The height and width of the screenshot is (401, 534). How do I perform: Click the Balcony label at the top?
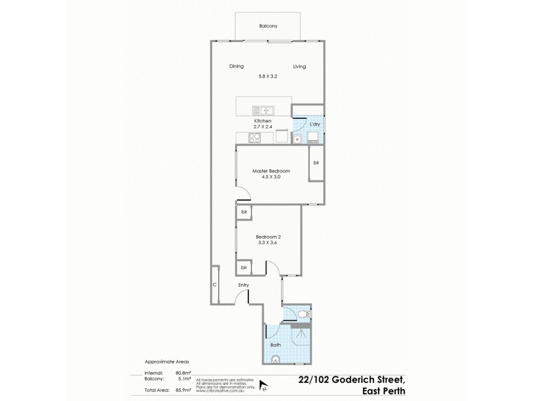(268, 26)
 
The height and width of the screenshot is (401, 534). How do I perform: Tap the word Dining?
(236, 66)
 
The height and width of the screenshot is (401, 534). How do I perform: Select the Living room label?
(299, 66)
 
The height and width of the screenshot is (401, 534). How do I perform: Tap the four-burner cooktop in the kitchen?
(254, 138)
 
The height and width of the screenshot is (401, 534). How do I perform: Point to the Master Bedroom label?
(270, 171)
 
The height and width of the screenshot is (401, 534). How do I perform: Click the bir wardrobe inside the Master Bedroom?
(316, 162)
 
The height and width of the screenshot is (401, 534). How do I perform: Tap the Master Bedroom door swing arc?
(244, 193)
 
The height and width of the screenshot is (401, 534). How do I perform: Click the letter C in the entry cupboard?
(214, 285)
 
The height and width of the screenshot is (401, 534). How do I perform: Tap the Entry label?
(244, 285)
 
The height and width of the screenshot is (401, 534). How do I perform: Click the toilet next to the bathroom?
(302, 313)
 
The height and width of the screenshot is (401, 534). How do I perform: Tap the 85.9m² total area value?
(182, 388)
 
